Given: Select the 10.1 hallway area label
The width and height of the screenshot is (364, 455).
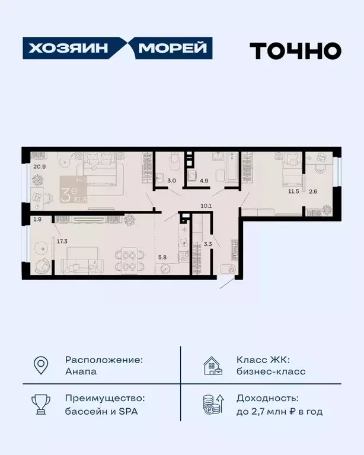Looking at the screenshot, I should [x=206, y=206].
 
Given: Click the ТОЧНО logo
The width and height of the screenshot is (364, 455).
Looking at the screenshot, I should [x=295, y=50].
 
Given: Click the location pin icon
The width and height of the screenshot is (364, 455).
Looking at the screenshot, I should [x=40, y=366].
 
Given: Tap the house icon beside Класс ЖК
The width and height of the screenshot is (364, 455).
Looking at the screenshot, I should [x=213, y=366].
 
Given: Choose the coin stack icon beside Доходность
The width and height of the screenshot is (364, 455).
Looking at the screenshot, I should [x=213, y=405].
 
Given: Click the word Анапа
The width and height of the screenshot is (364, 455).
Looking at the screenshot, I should [x=81, y=372].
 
